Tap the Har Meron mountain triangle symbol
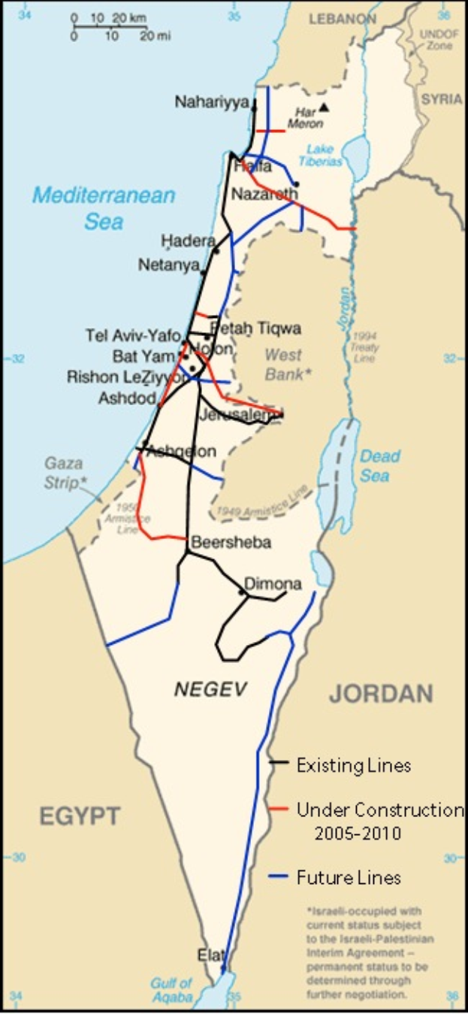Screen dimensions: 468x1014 coord(323,107)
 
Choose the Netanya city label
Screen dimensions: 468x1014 coord(168,265)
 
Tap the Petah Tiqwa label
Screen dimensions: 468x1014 coord(255,328)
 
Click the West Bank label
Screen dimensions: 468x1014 coord(283,364)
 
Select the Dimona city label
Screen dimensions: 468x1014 coord(273,584)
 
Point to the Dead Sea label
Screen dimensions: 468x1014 coord(379,465)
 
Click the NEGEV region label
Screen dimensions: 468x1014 coord(210,689)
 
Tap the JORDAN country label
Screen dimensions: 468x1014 coord(381,693)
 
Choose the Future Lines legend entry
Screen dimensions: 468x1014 coord(348,877)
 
